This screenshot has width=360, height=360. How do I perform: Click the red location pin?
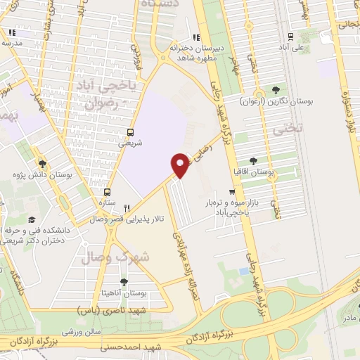click(181, 165)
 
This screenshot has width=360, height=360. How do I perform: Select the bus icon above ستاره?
click(107, 191)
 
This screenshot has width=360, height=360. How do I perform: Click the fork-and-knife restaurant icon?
click(127, 207)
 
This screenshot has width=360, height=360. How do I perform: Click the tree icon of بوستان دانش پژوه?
click(41, 161)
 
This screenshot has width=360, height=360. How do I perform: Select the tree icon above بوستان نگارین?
click(275, 91)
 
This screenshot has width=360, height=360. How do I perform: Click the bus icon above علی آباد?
click(288, 38)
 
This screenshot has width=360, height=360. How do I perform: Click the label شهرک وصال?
click(116, 255)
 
